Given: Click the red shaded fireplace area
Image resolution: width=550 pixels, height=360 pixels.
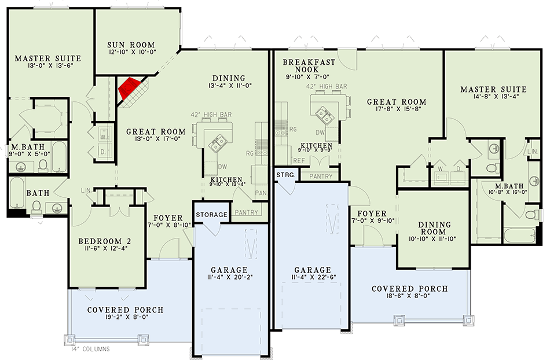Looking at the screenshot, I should coord(128,87).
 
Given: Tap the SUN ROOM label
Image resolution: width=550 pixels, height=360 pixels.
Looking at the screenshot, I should coord(131,45).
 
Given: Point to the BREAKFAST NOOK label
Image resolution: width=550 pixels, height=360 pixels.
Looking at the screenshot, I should coord(306,65).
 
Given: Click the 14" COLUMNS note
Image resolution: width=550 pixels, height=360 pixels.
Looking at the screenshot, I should coord(87,349).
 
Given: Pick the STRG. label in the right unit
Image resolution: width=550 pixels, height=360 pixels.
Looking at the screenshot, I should coord(286,174).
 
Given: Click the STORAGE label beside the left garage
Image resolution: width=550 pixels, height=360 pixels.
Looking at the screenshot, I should coord(211,215).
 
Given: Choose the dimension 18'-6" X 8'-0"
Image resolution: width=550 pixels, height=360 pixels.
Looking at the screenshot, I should coord(410,299).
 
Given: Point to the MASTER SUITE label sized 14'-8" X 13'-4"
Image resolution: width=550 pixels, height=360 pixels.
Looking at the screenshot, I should coord(493,89).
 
